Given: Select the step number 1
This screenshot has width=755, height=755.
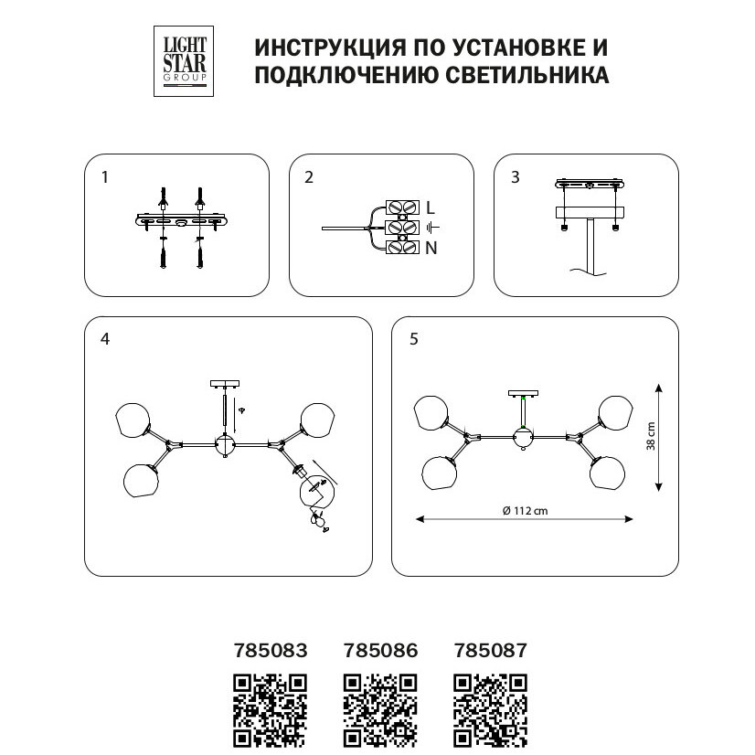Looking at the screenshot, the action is click(106, 177).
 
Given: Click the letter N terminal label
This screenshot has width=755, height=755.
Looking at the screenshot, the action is click(431, 247).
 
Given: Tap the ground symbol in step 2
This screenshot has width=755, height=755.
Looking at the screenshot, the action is click(432, 227).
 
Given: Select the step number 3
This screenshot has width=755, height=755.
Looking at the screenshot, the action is click(516, 177).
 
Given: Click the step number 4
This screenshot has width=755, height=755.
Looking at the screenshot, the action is click(106, 339).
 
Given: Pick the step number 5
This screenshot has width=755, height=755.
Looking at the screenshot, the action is click(414, 339).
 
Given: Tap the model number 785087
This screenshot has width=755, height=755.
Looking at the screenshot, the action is click(491, 651).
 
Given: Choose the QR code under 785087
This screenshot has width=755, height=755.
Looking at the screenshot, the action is click(491, 710).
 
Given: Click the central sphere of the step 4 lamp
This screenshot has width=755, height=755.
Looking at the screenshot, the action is click(224, 445).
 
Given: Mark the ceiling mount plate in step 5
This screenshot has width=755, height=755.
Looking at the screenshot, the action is click(523, 394).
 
